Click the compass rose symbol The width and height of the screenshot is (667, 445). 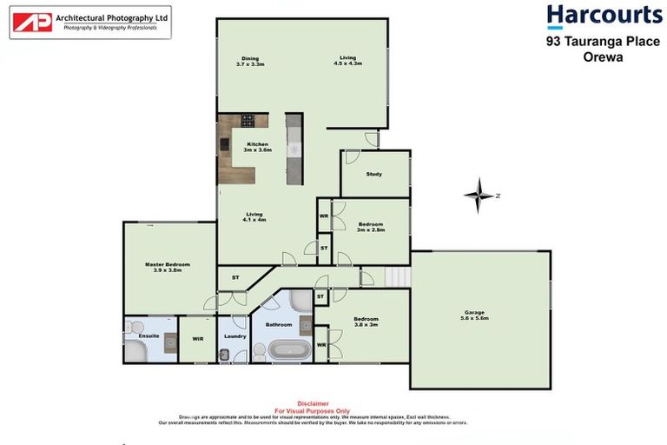pos(478,196)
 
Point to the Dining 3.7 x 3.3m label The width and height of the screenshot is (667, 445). pos(250,61)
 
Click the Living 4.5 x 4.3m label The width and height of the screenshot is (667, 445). pos(348,61)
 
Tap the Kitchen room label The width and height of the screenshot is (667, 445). pos(258,147)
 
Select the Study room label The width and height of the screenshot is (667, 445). pos(373,174)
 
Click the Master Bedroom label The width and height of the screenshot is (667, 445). pos(167,267)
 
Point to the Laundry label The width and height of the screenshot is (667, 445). pos(234,335)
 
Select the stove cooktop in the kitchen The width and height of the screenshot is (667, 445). pos(248,121)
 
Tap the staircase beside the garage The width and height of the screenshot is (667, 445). pos(397,276)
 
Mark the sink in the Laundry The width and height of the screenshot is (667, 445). pos(224,354)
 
